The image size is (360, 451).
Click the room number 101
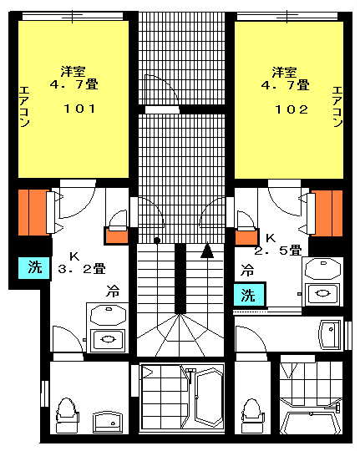coord(79,109)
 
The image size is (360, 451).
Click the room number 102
coord(292,109)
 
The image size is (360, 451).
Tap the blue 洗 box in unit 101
coord(34,268)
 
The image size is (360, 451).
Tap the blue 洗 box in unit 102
coord(249,295)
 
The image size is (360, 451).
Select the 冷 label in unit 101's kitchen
coord(113,291)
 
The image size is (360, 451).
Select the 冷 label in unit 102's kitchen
coord(247,271)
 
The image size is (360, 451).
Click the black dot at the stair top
coord(157,241)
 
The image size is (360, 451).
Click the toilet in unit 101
coord(67,414)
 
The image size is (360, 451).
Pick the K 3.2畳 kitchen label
coord(82,263)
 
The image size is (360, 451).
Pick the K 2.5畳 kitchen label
coord(278,245)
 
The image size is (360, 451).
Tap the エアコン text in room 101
coord(25,107)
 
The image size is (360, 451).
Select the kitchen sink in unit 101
coord(108,340)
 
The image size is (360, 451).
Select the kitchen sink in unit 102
coord(323,294)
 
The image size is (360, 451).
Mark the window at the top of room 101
coord(73,16)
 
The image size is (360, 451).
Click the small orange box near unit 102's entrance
coord(246,238)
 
